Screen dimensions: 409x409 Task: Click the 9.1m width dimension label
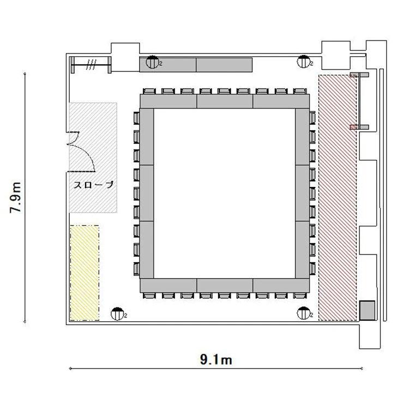coord(216,360)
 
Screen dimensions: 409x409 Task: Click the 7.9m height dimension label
coord(15,197)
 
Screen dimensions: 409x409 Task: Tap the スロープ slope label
coord(93,185)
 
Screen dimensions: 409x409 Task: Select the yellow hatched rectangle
coord(85,273)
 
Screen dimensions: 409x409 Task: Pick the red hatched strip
coord(338,198)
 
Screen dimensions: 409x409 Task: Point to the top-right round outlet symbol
coord(303,62)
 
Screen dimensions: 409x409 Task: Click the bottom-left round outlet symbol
coord(117,314)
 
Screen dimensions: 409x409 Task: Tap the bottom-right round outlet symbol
coord(303,313)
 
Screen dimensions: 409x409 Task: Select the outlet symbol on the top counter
coord(152,62)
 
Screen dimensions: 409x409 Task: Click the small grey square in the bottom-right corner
coord(367,310)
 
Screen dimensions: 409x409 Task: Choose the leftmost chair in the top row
coord(150,91)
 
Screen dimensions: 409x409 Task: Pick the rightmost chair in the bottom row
coord(300,295)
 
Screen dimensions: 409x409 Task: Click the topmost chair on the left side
coord(136,118)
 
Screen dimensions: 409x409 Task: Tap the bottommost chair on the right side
coord(312,269)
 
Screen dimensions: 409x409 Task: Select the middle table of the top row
coord(225,101)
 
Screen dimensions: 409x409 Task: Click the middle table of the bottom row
coord(225,285)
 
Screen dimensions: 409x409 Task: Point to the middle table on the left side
coord(147,193)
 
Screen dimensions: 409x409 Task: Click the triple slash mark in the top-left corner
coord(92,64)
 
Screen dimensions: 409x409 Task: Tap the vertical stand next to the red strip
coord(359,101)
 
